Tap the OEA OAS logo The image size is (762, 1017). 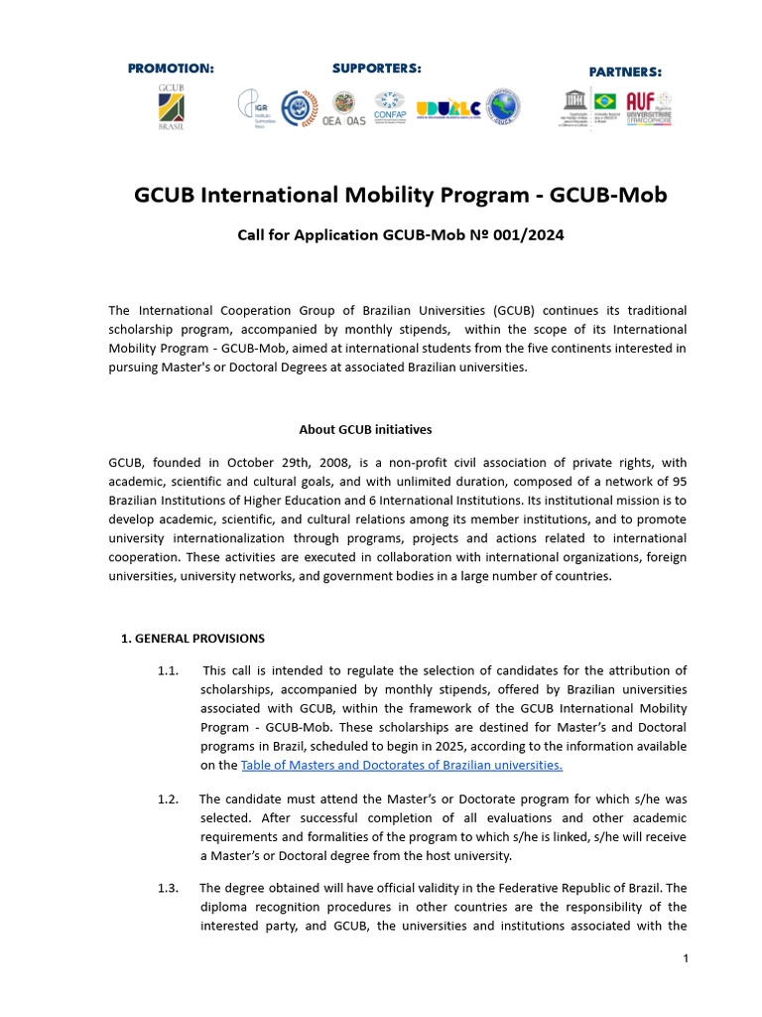[343, 108]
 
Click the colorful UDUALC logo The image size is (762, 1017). [448, 108]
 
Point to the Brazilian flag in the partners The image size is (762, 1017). [604, 100]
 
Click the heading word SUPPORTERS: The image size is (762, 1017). [376, 69]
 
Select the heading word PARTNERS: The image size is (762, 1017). [625, 72]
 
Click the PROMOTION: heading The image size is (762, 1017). [171, 69]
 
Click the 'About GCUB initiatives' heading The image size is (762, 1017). [365, 430]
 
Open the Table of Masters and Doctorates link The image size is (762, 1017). [402, 765]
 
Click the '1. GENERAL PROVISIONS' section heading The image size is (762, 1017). [192, 638]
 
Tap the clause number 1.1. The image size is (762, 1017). [167, 670]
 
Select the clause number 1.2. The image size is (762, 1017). [167, 799]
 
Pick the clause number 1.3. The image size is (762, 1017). [167, 888]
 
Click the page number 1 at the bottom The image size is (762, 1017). [685, 958]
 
